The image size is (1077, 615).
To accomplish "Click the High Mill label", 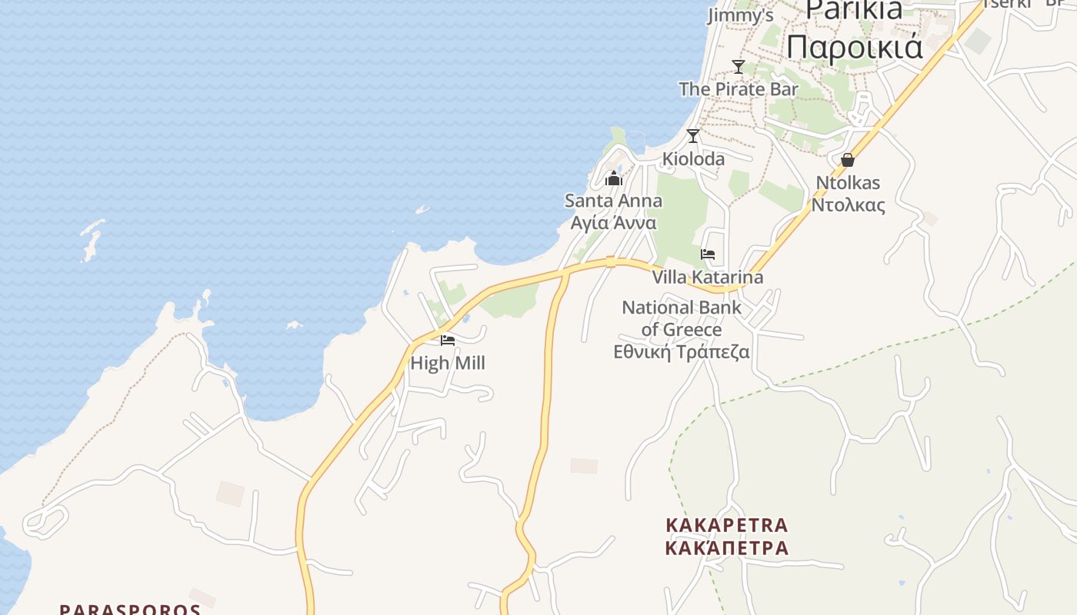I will coord(448,363).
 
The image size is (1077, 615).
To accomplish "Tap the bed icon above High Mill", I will coord(448,341).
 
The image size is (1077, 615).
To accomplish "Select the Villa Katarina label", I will coord(708,277).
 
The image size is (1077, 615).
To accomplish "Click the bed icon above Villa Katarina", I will coord(708,254).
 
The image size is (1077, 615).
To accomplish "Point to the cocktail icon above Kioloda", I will coord(693,136).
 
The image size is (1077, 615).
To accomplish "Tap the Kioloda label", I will coord(693,159).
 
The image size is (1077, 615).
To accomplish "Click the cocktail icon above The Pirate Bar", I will coord(739,67).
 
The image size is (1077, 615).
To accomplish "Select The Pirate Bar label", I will coord(739,89).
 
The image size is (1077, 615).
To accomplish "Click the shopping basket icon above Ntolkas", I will coord(848,160).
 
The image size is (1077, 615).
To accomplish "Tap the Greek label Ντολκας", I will coord(848,205).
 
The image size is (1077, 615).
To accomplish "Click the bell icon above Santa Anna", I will coord(614,179).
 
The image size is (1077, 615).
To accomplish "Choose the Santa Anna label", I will coord(613,201).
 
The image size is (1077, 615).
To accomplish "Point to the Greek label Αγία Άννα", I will coord(613,223).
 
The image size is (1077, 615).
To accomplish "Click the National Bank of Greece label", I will coord(682,318).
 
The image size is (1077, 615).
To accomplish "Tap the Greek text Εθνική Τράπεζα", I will coord(682,352).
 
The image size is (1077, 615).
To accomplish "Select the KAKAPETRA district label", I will coord(727,525).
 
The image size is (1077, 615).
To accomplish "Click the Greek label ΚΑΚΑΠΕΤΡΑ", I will coord(727,548).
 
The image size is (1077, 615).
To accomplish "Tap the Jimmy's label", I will coord(740,15).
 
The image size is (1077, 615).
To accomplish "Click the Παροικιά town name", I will coord(854,46).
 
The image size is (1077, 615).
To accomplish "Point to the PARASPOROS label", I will coord(130,610).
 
